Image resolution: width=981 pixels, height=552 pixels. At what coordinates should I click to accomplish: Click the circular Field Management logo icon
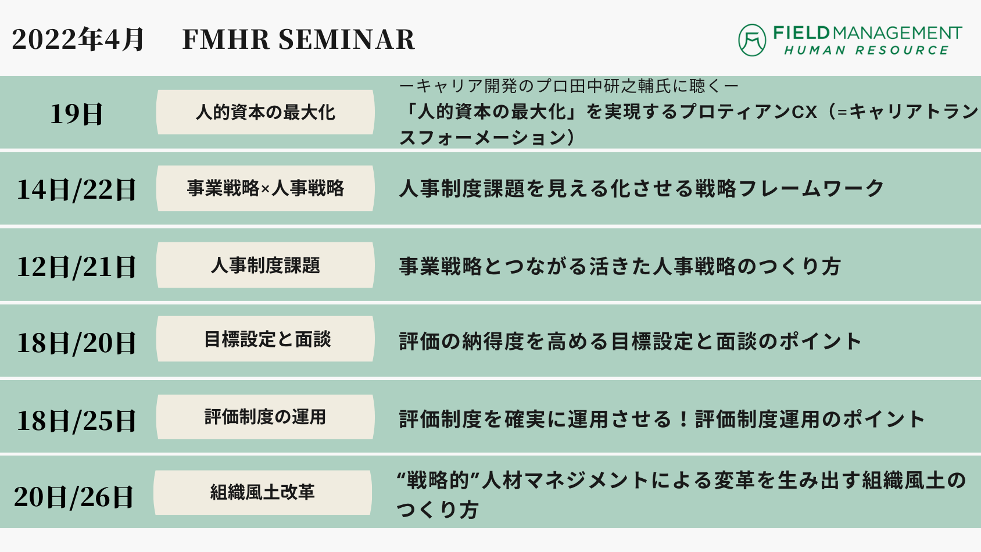(752, 40)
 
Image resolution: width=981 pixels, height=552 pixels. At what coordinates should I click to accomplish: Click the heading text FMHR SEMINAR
(298, 40)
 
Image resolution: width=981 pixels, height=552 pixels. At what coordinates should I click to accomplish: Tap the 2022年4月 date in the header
(77, 40)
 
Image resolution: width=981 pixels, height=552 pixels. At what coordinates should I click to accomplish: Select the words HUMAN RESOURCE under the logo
(867, 51)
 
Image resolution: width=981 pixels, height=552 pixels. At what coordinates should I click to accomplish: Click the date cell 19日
(76, 114)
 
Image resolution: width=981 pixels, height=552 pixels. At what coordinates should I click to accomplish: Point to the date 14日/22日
(76, 190)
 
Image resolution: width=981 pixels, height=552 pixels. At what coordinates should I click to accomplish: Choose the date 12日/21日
(76, 267)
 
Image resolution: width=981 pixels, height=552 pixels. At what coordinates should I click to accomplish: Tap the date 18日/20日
(76, 343)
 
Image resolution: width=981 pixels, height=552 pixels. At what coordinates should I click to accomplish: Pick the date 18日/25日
(76, 420)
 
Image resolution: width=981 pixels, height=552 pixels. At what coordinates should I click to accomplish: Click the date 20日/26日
(73, 497)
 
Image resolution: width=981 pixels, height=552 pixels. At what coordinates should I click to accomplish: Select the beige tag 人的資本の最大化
(266, 112)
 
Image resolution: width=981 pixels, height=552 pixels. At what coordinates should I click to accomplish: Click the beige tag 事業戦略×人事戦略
(266, 188)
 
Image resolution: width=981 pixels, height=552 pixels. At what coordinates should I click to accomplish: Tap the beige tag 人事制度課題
(266, 266)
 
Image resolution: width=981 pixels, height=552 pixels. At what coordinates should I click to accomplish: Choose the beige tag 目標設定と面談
(266, 339)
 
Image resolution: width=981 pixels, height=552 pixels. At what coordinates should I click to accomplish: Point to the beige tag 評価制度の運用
(266, 417)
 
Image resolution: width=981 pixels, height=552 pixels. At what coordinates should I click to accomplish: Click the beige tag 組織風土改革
(263, 493)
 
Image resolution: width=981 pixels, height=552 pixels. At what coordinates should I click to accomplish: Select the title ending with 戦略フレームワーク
(641, 189)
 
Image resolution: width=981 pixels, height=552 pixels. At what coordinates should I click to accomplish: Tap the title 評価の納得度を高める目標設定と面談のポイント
(630, 342)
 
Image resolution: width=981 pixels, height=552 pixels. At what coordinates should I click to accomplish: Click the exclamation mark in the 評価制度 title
(683, 420)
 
